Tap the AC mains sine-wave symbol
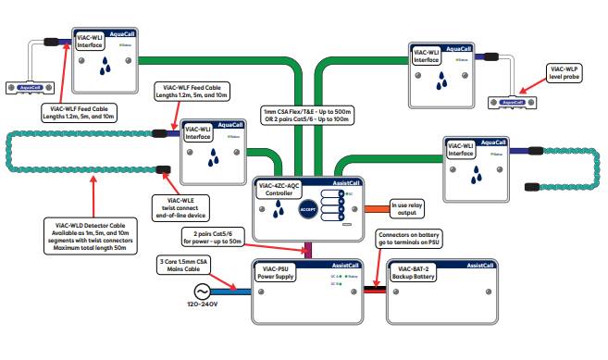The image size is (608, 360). click(197, 291)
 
